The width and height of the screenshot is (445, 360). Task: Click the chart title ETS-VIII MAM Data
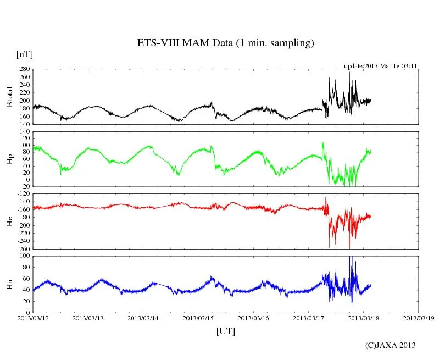coord(225,43)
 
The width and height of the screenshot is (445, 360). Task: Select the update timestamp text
coord(381,66)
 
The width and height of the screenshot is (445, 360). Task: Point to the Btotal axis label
coord(9,97)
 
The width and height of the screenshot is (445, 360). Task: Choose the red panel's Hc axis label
coord(9,221)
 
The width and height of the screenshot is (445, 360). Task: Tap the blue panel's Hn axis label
coord(9,284)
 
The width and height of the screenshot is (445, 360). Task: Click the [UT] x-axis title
coord(225,331)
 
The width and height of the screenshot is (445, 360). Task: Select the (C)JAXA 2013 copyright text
coord(390,345)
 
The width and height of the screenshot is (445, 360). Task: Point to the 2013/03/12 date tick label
coord(33,318)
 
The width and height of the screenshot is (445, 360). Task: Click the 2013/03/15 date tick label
coord(198,318)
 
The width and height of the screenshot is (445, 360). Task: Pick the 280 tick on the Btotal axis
coord(23,69)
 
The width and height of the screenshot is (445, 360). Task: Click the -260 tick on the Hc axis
coord(21,249)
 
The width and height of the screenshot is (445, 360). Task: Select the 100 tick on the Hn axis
coord(23,256)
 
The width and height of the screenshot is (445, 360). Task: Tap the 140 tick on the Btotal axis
coord(23,124)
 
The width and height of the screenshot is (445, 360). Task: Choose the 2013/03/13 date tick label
coord(88,318)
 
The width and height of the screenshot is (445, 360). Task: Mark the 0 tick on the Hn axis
coord(27,312)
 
